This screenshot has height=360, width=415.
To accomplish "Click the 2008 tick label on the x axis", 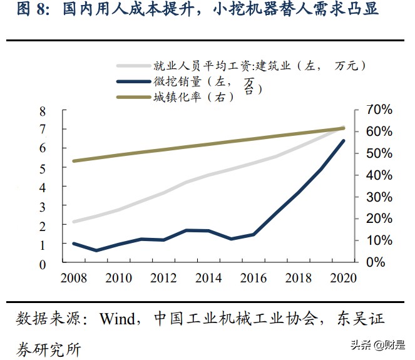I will click(73, 278).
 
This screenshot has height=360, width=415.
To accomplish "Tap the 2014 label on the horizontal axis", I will click(208, 278).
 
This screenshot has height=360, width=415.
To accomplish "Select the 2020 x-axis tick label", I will click(342, 278).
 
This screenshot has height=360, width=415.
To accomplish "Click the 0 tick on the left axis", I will click(43, 264).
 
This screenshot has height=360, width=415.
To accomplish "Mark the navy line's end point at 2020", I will click(344, 141).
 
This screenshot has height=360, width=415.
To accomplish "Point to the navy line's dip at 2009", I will click(96, 250).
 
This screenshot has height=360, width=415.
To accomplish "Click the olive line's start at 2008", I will click(73, 161).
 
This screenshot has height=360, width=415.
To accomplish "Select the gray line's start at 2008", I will click(73, 222).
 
